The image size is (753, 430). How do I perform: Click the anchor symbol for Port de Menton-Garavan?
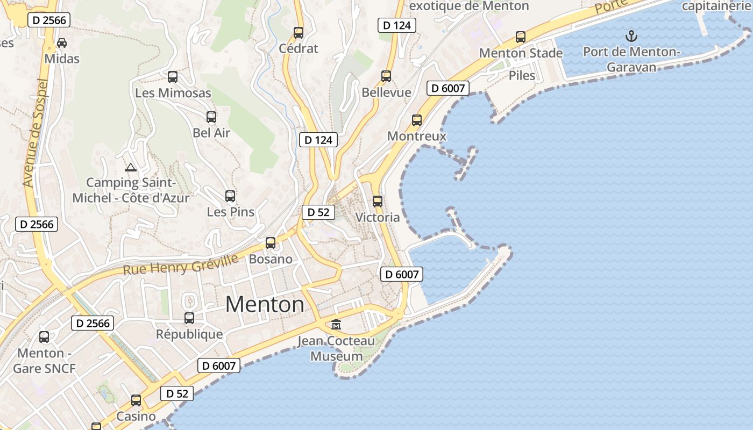pos(632,37)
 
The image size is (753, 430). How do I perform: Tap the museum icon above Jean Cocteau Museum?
pos(336,324)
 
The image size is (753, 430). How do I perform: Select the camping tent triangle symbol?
pos(130,167)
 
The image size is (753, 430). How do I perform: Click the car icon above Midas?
pos(62,42)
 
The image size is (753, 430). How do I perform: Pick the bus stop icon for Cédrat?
pos(299,32)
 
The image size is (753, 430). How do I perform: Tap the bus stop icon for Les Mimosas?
pos(173,77)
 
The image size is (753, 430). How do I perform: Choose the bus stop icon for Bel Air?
pos(211,117)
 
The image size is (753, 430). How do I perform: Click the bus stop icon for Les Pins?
pos(230,196)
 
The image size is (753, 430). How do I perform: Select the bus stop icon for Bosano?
pos(271,243)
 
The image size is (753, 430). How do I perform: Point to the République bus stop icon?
pos(189,318)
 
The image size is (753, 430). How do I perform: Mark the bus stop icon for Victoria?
pos(378,202)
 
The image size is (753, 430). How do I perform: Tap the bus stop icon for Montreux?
pos(417,120)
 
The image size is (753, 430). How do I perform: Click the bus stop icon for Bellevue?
pos(386,76)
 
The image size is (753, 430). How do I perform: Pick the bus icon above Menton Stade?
pos(521,37)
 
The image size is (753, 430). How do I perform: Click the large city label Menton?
pos(265,305)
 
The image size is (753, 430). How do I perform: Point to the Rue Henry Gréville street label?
pos(181,265)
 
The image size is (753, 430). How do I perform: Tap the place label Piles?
pos(522,75)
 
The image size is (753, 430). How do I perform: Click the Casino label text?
pos(136,417)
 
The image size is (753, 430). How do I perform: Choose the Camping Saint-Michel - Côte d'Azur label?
pos(131,190)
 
